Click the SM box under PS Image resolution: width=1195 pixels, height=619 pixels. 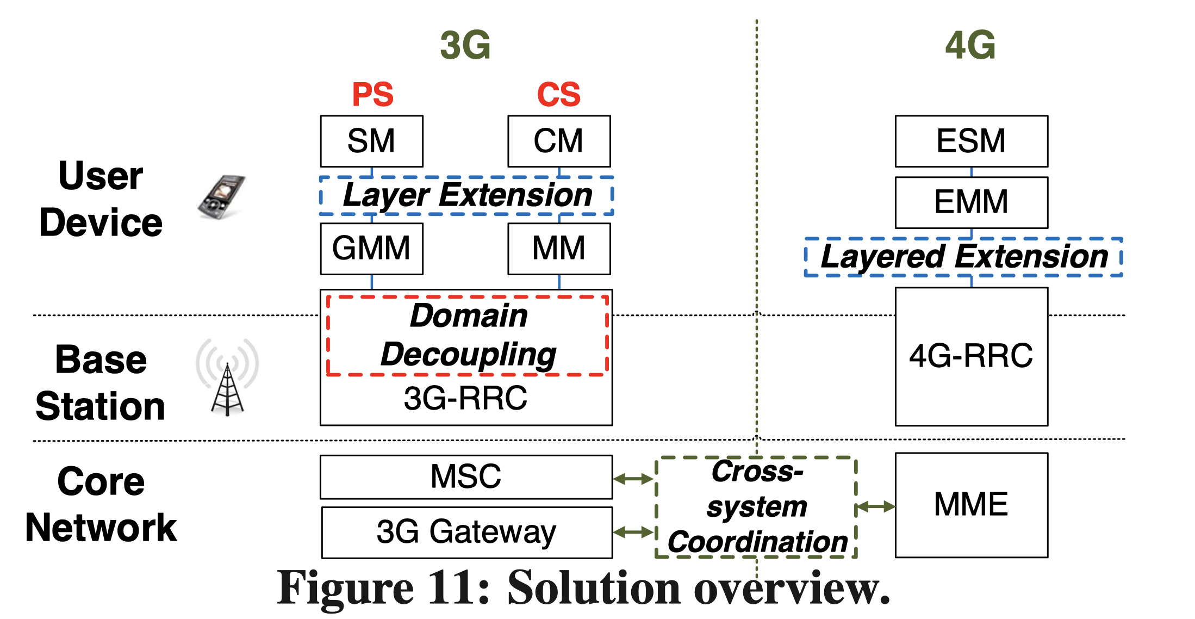click(x=372, y=141)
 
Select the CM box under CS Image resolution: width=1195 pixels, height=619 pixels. click(x=559, y=141)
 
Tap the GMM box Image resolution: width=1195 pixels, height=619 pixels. click(x=372, y=249)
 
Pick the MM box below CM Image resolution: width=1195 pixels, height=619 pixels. click(x=559, y=249)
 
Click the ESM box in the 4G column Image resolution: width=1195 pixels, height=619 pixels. click(x=972, y=141)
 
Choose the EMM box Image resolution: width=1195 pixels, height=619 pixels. click(x=972, y=202)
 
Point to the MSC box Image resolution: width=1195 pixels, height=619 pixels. click(x=466, y=477)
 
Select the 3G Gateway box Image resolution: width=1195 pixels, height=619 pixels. click(x=467, y=533)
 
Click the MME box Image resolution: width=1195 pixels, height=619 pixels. click(x=972, y=505)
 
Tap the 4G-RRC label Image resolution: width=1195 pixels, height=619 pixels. click(x=971, y=356)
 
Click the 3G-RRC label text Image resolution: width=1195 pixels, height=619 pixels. click(x=465, y=398)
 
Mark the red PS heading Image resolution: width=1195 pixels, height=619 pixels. click(x=373, y=94)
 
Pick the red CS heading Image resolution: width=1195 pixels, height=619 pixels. click(x=559, y=94)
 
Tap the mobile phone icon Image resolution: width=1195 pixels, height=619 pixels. click(x=221, y=197)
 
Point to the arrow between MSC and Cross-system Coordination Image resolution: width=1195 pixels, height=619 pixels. click(x=634, y=479)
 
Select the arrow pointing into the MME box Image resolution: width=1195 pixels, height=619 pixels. click(x=875, y=507)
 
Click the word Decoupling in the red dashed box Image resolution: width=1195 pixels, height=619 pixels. click(x=469, y=355)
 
